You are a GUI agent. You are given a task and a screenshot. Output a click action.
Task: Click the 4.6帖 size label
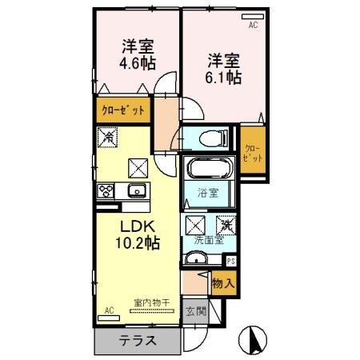click(x=138, y=62)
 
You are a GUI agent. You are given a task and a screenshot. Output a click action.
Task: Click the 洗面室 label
click(x=208, y=240)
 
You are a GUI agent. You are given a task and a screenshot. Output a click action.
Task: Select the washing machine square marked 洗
click(x=227, y=226)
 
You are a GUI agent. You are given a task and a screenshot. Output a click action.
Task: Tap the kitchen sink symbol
click(x=134, y=191)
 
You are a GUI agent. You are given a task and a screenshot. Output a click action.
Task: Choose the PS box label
click(x=231, y=259)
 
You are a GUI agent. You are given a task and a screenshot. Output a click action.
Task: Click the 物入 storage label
click(x=223, y=282)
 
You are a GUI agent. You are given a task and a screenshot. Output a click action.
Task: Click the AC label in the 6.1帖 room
click(x=253, y=26)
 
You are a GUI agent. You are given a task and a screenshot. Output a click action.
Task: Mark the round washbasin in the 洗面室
click(x=196, y=258)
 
